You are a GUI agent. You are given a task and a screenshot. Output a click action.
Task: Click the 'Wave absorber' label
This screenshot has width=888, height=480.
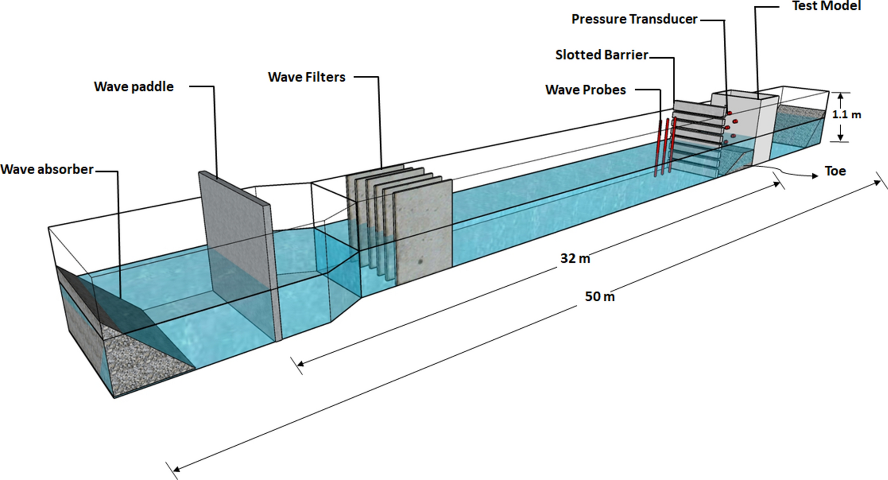pos(47,169)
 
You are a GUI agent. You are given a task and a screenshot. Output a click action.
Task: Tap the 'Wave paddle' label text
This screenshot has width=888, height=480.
pos(133,87)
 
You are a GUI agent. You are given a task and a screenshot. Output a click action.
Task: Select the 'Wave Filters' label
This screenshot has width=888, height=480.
pos(306,77)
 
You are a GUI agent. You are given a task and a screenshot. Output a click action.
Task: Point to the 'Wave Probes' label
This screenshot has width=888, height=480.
pos(585,90)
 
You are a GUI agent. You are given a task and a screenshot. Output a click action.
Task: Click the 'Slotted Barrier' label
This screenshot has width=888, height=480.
pos(601,55)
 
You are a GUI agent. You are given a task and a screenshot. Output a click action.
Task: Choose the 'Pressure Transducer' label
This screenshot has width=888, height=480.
pos(634,19)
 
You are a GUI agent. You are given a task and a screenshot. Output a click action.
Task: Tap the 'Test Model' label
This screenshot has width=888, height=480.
pos(826,6)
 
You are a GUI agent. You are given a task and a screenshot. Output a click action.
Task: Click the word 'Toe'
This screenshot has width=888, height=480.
pos(835,171)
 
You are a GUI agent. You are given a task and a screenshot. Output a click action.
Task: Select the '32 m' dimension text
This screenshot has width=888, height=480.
pos(575,258)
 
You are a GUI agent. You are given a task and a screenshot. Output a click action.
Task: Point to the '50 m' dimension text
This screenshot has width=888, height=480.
pos(600,297)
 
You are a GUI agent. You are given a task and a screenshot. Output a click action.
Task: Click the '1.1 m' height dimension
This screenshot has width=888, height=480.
pos(846,115)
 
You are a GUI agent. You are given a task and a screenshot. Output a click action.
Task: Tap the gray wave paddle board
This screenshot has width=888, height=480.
pos(239,249)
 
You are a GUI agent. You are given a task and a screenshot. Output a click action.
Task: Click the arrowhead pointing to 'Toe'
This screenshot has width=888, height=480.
pos(815,176)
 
